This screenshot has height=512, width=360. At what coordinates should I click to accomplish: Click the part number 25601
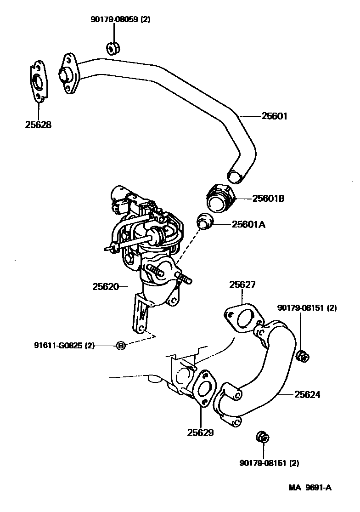point(274,116)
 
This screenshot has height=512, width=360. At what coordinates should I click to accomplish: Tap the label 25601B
point(269,199)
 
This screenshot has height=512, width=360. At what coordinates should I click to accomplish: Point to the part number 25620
point(106,286)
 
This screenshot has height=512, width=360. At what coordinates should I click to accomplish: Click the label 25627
point(242,285)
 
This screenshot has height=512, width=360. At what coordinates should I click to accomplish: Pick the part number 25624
point(307,394)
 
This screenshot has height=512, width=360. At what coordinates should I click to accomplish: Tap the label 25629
point(201,432)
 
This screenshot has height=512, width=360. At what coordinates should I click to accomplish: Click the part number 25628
point(38,125)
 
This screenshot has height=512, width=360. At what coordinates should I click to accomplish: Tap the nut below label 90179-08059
point(112,47)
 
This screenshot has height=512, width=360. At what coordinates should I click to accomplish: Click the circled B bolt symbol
point(120,346)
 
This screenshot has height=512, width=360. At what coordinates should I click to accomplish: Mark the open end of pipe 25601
point(235,176)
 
